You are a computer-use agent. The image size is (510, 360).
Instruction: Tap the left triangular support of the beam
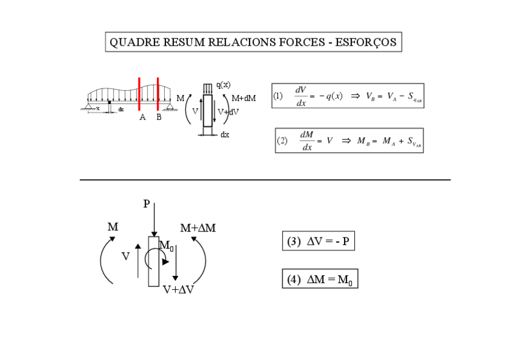[89, 107]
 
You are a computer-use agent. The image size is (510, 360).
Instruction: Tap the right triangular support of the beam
[171, 107]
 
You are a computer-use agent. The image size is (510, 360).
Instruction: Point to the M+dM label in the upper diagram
[244, 98]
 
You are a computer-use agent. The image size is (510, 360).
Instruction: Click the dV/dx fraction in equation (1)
[301, 96]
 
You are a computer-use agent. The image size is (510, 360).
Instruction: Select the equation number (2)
[282, 141]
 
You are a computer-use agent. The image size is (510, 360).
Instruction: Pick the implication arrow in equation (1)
[355, 96]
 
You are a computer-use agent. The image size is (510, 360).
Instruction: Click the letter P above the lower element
[146, 204]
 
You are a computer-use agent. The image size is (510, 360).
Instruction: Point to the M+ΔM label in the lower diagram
[198, 228]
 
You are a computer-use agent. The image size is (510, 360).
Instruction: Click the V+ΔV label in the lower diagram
[178, 289]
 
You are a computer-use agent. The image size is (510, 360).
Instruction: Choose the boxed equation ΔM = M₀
[319, 279]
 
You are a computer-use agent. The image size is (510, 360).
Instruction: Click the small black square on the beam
[108, 103]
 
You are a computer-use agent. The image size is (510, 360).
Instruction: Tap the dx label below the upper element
[224, 135]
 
